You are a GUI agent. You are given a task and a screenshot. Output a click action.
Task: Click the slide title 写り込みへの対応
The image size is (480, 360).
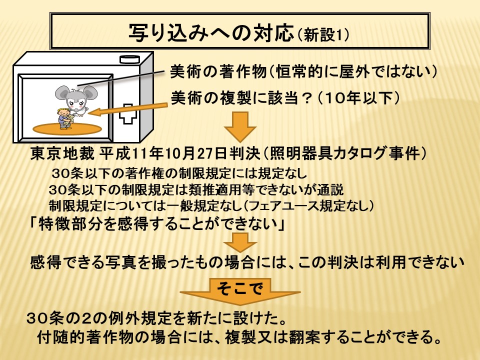[211, 33]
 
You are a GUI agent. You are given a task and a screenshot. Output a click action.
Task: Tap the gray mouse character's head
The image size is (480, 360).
[76, 97]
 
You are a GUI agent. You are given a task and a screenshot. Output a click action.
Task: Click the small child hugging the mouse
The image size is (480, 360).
[65, 118]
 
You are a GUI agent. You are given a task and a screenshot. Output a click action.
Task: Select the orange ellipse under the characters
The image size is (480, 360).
[67, 129]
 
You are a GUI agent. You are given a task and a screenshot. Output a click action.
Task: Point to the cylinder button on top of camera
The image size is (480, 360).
[130, 59]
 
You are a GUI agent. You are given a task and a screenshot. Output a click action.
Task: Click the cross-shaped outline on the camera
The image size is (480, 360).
[128, 113]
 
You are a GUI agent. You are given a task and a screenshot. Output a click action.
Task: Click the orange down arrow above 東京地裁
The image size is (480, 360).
[240, 126]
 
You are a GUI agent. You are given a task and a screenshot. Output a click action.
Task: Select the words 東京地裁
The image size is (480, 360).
[62, 153]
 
